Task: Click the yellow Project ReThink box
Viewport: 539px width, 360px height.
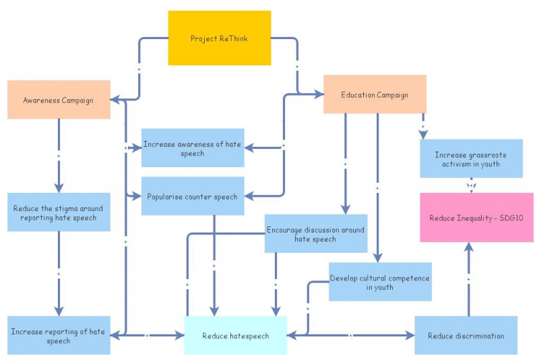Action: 219,38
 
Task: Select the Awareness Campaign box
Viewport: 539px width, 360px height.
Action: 59,100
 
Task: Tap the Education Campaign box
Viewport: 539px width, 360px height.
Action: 375,94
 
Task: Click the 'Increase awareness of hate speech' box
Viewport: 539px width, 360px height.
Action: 193,148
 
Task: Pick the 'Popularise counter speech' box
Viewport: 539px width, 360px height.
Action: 193,196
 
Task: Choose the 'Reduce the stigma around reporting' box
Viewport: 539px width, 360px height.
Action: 59,212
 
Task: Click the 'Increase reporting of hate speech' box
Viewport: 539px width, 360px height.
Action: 59,336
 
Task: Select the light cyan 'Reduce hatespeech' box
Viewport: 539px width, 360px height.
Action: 235,335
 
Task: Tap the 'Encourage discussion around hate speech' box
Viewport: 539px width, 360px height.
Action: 315,233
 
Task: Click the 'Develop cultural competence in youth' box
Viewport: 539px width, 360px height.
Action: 379,282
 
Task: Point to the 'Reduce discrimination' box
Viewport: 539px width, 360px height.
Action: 466,335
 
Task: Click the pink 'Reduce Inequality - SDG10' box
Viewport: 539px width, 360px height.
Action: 476,217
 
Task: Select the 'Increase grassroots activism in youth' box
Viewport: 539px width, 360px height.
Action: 471,158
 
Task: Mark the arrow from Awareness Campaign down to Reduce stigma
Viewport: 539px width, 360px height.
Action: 59,155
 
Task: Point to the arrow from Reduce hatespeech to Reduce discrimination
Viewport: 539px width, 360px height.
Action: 350,335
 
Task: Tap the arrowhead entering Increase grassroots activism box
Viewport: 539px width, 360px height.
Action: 423,134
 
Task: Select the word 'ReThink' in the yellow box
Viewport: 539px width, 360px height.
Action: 233,38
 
